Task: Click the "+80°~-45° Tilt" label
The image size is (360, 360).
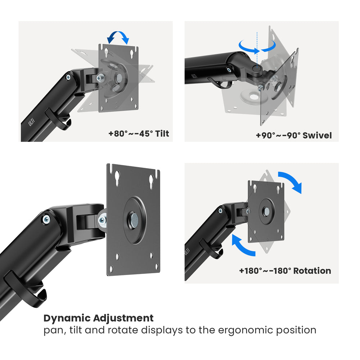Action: click(x=139, y=134)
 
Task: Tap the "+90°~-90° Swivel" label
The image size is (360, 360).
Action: click(x=294, y=135)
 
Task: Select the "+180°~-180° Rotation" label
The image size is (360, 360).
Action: click(x=285, y=271)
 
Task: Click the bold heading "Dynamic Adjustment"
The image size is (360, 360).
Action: click(x=98, y=318)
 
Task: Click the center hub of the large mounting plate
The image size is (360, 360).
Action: click(x=133, y=220)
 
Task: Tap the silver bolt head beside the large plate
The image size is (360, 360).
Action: click(x=102, y=220)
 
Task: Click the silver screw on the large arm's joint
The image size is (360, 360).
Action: click(x=46, y=220)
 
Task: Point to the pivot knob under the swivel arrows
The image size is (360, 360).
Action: click(x=257, y=68)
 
